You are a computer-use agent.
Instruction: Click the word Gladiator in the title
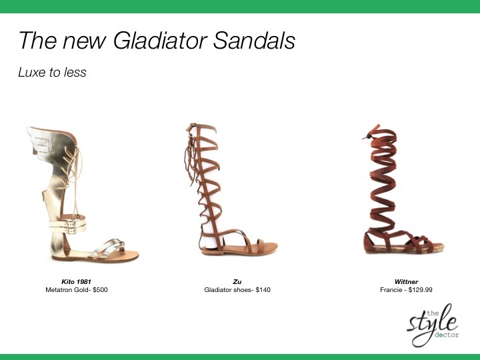160,41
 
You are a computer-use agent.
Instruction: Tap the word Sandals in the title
254,41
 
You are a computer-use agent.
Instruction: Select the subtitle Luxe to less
52,72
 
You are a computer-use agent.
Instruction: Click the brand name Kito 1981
76,281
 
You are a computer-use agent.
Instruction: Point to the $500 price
100,289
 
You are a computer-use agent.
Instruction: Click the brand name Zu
237,281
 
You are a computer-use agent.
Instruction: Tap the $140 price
263,289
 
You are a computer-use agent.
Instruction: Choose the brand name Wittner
406,281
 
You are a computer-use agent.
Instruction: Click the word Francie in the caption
390,289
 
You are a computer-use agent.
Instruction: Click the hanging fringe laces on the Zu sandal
191,156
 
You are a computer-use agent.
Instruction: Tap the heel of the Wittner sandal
369,243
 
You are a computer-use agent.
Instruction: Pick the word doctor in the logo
447,335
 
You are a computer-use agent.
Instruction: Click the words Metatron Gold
67,289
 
